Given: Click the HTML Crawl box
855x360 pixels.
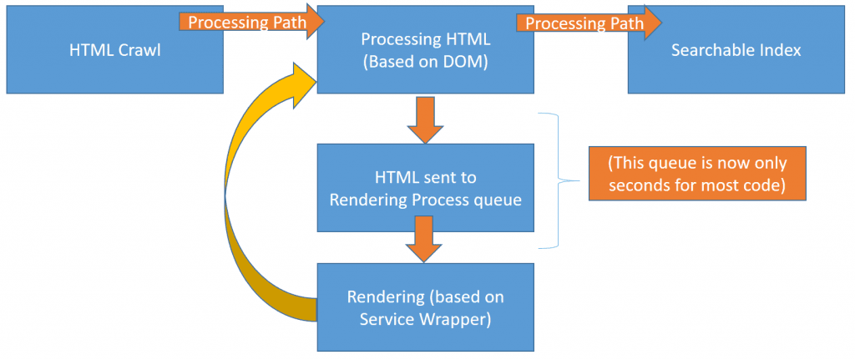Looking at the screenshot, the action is tap(115, 50).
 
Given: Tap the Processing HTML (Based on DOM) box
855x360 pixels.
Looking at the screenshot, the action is tap(425, 50).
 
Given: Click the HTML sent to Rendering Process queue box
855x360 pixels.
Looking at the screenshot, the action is tap(425, 188).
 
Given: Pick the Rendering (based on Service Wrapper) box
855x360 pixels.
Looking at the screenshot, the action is tap(425, 307).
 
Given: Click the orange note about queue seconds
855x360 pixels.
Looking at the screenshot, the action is tap(697, 174).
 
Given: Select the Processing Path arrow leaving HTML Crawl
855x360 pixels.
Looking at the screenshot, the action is tap(252, 23).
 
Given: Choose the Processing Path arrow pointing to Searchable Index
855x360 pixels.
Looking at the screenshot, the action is tap(589, 23).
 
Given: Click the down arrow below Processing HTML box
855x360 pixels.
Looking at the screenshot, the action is tap(425, 119).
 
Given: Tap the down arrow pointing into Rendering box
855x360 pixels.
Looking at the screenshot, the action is tap(425, 239).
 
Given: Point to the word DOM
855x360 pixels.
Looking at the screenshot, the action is tap(466, 63).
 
